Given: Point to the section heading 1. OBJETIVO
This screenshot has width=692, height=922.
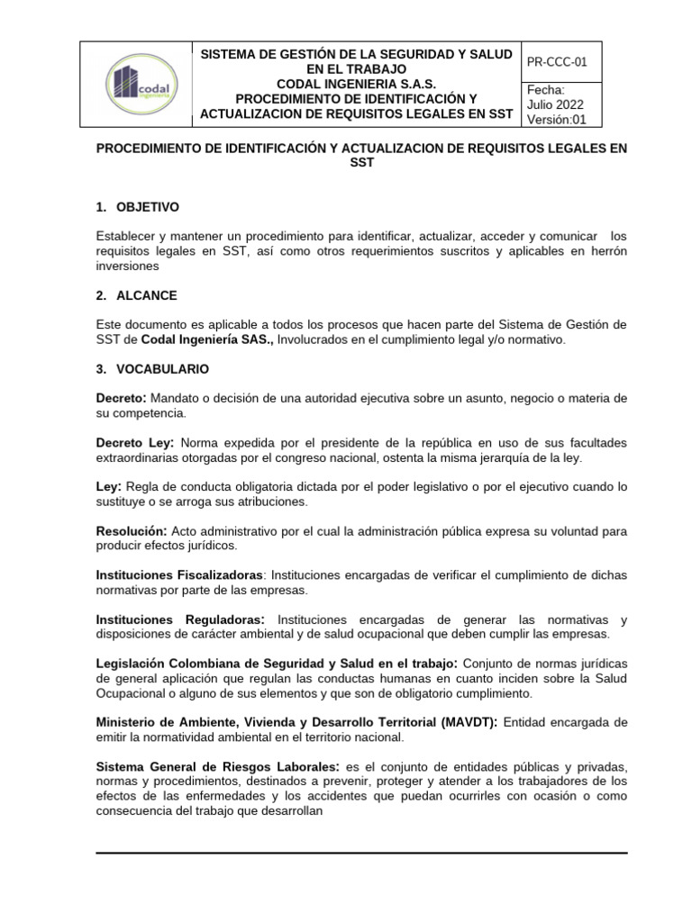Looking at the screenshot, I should (x=137, y=207).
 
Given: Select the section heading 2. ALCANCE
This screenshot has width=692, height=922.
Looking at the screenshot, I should (x=136, y=295).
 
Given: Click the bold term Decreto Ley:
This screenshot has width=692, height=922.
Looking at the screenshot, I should (x=136, y=442).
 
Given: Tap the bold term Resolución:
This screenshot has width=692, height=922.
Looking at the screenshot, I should (x=131, y=531).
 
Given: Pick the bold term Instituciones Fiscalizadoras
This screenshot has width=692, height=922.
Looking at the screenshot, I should (x=179, y=574).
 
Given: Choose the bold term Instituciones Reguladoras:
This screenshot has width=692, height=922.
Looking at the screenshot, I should (x=180, y=619).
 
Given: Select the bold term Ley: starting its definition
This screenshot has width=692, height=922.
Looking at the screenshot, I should (x=109, y=486).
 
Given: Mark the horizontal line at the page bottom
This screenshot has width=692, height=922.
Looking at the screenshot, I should (x=361, y=851).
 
